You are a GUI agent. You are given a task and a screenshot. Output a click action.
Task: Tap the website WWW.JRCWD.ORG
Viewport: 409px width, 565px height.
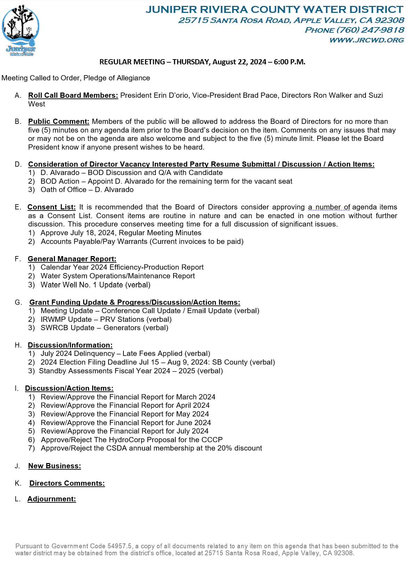(367, 40)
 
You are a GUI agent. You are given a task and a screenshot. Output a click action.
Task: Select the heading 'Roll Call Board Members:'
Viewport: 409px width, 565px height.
(73, 95)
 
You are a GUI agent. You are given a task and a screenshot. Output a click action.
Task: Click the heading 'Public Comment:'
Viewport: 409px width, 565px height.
(59, 121)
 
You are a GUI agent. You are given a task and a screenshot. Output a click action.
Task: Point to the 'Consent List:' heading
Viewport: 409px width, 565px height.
(51, 207)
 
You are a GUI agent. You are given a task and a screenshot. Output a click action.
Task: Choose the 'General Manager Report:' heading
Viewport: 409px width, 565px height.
(72, 259)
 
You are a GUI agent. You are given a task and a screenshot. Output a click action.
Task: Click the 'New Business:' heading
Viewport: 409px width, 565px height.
(55, 466)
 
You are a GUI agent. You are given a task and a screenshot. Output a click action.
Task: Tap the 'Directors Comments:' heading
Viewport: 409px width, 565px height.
(67, 483)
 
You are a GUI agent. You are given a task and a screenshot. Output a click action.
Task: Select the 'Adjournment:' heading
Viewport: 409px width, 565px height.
(51, 499)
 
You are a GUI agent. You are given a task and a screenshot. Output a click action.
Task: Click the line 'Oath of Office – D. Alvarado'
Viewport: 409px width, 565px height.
(87, 190)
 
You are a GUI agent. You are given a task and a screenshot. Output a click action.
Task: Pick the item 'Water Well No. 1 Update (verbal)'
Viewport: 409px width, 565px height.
(95, 285)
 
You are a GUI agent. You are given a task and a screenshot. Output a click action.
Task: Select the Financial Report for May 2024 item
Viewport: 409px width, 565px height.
(125, 414)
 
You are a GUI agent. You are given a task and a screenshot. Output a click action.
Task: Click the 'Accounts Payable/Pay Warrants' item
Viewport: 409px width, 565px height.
(94, 241)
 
